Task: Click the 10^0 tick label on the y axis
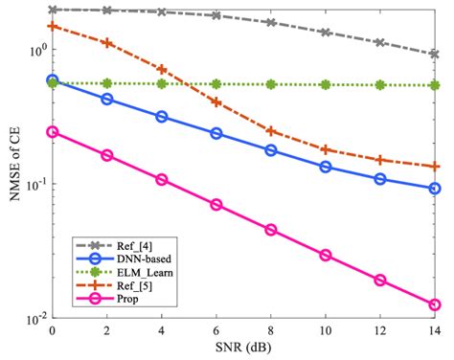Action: (33, 49)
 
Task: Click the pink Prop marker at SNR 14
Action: (435, 304)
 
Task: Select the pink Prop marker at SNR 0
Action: (52, 132)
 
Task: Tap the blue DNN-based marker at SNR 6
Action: (216, 133)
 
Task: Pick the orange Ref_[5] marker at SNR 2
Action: (107, 43)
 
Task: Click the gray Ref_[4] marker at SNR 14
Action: (435, 55)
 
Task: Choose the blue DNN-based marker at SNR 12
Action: (380, 179)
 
